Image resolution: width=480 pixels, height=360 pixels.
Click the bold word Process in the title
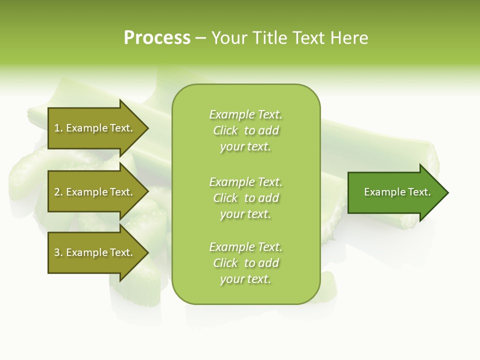[x=157, y=38]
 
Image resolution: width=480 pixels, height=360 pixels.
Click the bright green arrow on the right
[x=395, y=192]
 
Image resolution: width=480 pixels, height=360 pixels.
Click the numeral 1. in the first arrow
[x=58, y=128]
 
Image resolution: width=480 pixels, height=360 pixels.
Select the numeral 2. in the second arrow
[x=58, y=192]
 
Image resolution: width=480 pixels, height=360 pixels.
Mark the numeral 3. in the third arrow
[x=58, y=252]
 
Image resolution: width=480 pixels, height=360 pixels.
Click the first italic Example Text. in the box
[x=245, y=114]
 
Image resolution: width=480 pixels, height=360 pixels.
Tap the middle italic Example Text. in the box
[x=245, y=181]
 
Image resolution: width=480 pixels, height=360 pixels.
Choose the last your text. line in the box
[x=245, y=279]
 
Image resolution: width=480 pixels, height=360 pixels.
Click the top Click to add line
[x=245, y=130]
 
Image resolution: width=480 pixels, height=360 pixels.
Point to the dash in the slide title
[x=200, y=38]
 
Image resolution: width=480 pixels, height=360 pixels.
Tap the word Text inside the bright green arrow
[x=418, y=192]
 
